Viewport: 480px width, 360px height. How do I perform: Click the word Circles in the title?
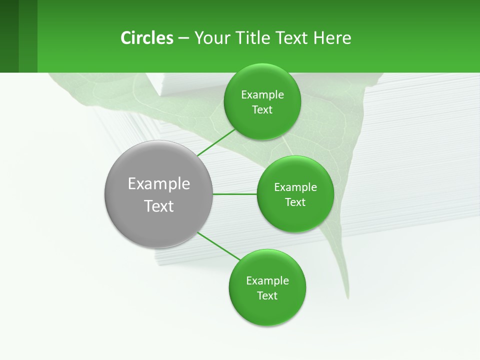pos(146,38)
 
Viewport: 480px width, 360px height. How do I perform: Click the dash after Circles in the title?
pos(183,38)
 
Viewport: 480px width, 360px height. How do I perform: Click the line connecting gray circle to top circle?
pos(216,142)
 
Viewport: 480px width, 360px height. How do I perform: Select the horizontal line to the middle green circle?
pos(234,194)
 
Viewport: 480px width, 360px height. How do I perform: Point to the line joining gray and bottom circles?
pos(218,246)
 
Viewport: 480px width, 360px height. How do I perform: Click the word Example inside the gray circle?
pos(159,184)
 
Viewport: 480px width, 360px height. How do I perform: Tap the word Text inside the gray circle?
pos(159,206)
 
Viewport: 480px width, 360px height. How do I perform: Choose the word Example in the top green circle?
pos(262,95)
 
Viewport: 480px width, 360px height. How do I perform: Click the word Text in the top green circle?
pos(262,110)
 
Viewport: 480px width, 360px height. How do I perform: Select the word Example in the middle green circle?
pos(295,187)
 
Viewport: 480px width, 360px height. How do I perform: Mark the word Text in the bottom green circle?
pos(267,296)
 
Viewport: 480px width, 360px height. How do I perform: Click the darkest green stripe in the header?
pos(9,36)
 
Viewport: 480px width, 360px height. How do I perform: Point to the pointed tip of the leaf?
pos(346,298)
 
